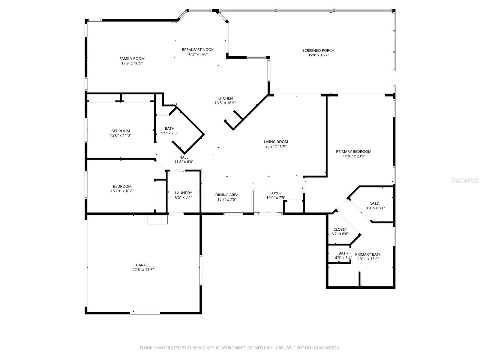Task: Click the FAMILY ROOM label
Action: (x=132, y=59)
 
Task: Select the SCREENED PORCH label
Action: (x=318, y=50)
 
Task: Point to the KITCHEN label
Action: (x=225, y=98)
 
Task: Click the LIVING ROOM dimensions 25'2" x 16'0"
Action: (x=276, y=146)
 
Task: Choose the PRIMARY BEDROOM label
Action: (x=353, y=151)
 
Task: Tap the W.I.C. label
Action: (x=375, y=203)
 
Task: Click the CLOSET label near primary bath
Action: (x=340, y=229)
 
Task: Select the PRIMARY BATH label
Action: (x=368, y=254)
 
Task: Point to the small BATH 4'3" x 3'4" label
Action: (x=343, y=253)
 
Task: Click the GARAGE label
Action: (x=143, y=265)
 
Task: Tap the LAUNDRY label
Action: (x=183, y=193)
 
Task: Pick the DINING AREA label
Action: (x=227, y=195)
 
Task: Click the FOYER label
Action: (x=276, y=193)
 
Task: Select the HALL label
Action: (x=184, y=157)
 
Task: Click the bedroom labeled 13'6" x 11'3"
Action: (x=121, y=131)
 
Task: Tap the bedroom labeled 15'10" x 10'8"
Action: (x=122, y=186)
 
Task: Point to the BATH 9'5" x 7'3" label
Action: (x=169, y=128)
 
